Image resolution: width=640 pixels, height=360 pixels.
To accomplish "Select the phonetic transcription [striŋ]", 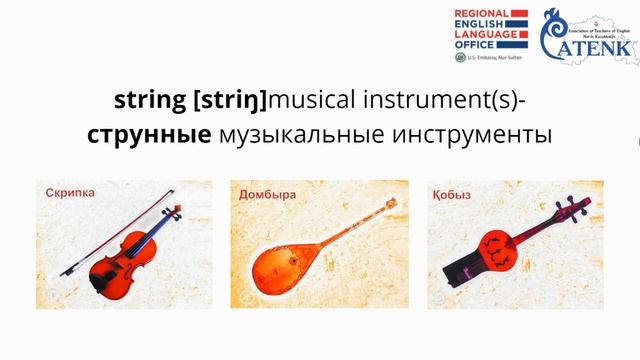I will click(231, 100).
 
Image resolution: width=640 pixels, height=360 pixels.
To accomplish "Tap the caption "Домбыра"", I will click(267, 194).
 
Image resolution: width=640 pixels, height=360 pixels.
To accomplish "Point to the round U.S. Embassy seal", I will click(459, 58).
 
